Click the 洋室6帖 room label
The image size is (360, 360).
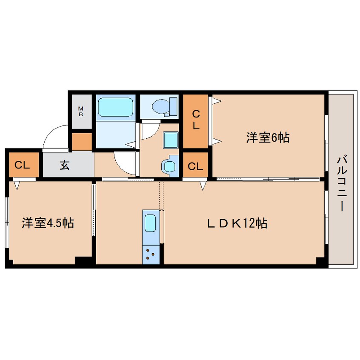point(268,137)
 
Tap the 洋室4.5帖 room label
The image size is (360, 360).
point(48,223)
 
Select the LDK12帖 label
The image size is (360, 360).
point(237,223)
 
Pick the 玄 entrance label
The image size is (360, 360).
point(64,166)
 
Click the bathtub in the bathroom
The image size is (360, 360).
point(116,107)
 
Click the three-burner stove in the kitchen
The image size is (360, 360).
point(151,254)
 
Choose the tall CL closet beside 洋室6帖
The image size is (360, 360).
point(196,120)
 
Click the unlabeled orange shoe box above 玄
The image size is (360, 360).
point(82,142)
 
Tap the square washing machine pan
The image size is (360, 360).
point(171,139)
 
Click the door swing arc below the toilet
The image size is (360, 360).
point(150,130)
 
